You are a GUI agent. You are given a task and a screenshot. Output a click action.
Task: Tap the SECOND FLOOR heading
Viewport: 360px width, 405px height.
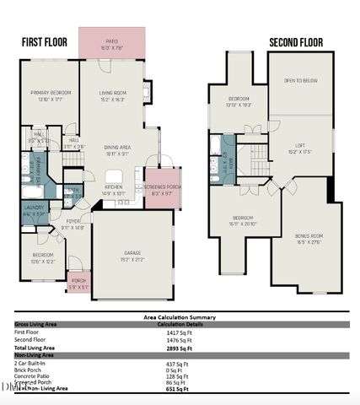pos(297,41)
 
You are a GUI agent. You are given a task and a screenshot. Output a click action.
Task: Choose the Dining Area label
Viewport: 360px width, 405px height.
pos(116,149)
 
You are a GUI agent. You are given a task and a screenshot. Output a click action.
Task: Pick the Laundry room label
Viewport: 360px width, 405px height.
pos(35,208)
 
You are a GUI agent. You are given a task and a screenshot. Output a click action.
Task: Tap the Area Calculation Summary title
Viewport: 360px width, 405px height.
pos(179,318)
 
